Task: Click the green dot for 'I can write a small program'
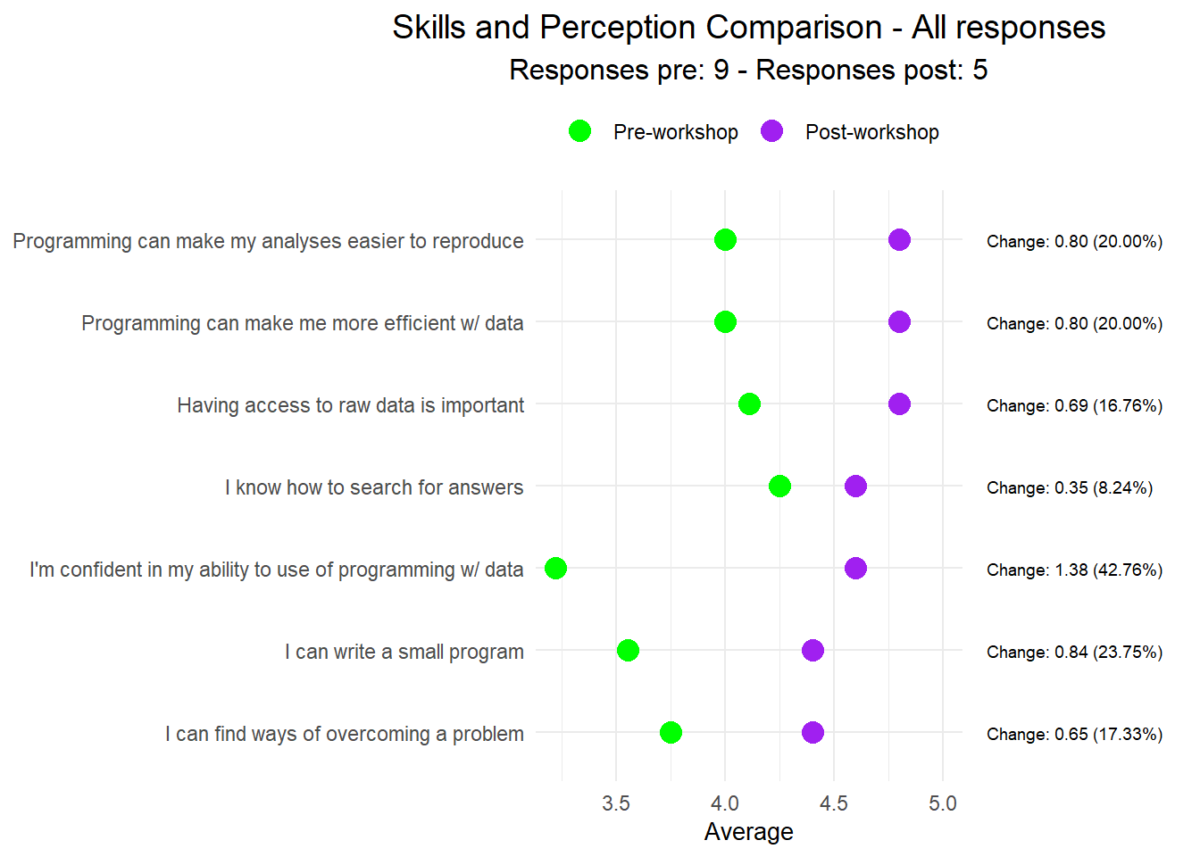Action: click(628, 650)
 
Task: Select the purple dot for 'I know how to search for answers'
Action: click(855, 486)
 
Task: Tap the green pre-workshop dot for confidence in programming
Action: click(555, 568)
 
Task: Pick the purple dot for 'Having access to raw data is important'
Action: click(899, 404)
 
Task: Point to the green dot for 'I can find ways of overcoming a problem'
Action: click(671, 732)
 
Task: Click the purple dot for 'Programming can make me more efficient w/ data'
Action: click(899, 321)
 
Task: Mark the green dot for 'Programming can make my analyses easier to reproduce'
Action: click(725, 239)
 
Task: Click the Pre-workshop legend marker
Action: click(579, 131)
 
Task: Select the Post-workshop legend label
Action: click(871, 132)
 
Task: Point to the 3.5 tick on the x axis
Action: click(616, 803)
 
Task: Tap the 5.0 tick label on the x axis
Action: click(942, 803)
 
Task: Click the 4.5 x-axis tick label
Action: click(833, 803)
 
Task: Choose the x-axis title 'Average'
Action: click(748, 832)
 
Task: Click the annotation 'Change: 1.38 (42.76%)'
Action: click(1074, 570)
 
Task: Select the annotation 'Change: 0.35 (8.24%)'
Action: click(1069, 487)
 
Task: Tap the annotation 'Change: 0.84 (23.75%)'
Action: click(1074, 652)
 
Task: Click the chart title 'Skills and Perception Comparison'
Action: click(748, 28)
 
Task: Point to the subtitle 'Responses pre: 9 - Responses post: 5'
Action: click(748, 70)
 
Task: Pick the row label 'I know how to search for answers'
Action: click(374, 487)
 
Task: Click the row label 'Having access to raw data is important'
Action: click(350, 405)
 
